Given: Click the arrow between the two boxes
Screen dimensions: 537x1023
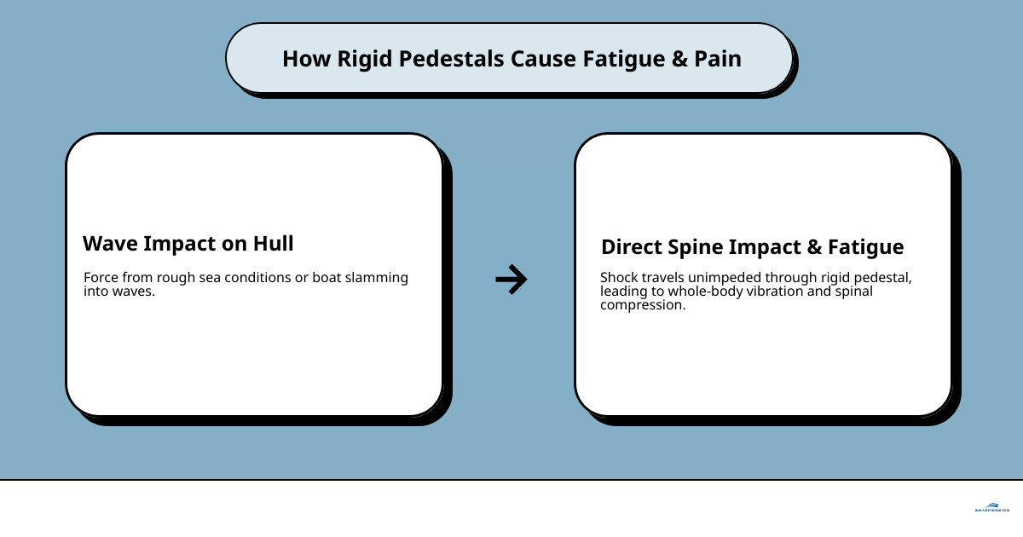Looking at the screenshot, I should click(511, 279).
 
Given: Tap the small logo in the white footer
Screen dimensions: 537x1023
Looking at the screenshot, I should click(991, 506).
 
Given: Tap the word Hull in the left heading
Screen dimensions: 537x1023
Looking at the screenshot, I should click(272, 244).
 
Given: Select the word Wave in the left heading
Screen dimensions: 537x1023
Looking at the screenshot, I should click(110, 244).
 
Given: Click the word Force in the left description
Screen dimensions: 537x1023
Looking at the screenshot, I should click(101, 278).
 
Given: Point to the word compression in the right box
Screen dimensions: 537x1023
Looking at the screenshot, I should click(641, 305).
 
